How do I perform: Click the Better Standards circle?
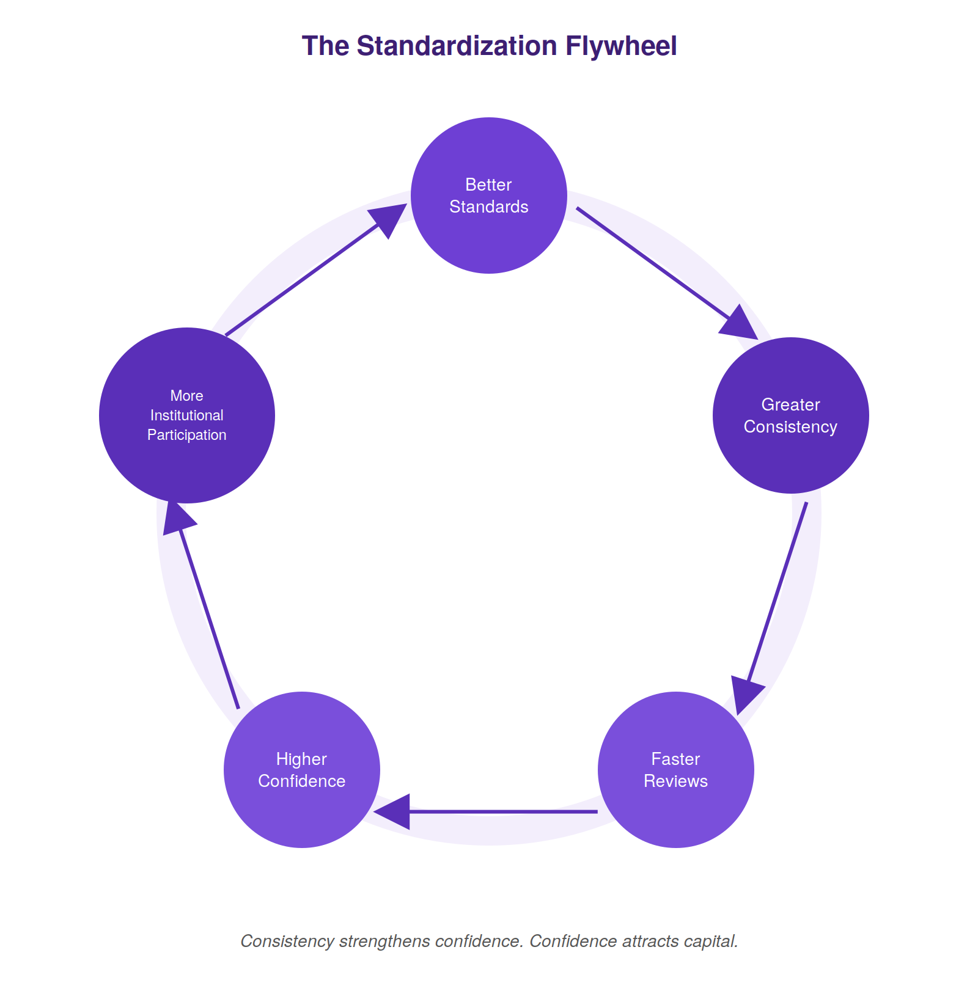[489, 196]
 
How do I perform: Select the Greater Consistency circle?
[791, 415]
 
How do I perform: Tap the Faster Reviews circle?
[676, 770]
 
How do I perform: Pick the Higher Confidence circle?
[302, 770]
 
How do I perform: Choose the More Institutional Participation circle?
[187, 415]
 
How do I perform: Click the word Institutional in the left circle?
[187, 415]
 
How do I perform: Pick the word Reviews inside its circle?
[676, 781]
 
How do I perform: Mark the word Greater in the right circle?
[791, 404]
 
